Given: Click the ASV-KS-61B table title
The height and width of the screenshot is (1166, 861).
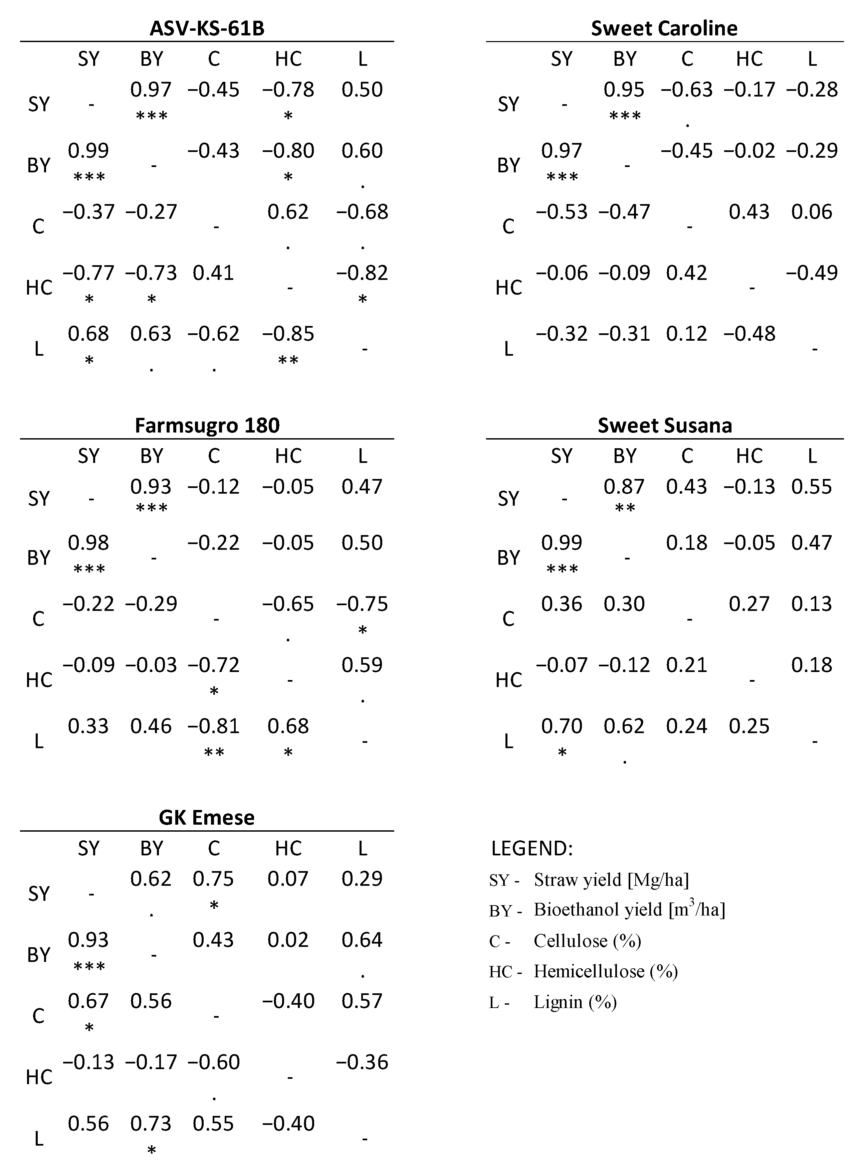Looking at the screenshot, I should [207, 28].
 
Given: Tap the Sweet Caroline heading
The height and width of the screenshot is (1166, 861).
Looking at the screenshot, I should [664, 28].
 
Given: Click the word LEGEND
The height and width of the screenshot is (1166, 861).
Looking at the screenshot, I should [531, 848].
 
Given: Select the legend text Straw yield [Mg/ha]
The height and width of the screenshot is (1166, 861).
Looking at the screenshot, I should [611, 880].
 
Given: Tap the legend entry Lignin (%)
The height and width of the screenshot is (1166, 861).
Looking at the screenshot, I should [575, 1002].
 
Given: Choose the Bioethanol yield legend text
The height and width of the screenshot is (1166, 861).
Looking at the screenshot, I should [629, 909].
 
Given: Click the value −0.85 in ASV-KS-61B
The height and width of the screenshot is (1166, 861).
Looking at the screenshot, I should [288, 334].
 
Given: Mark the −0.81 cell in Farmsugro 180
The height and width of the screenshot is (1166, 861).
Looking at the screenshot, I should [214, 726].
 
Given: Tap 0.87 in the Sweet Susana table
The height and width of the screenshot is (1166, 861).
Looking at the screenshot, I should [624, 487].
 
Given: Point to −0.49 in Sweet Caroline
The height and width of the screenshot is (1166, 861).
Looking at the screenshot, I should [812, 273].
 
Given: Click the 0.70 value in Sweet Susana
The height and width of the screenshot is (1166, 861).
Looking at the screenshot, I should [561, 726].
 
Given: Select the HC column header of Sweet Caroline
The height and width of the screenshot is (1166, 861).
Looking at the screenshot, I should [749, 59].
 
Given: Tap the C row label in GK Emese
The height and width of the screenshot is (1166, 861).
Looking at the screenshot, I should [39, 1016].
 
